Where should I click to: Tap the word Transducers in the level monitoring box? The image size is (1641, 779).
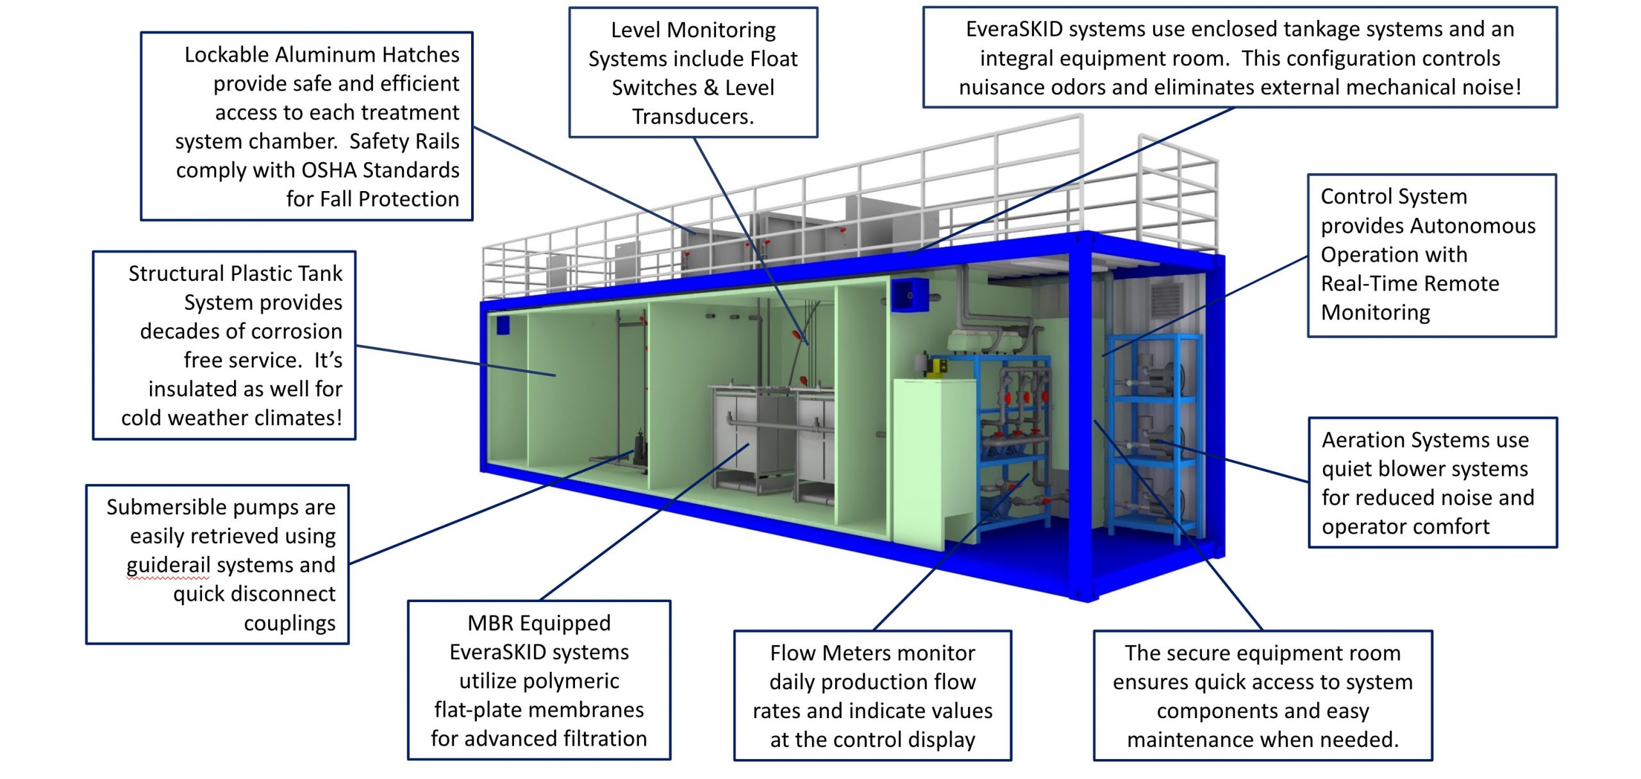(692, 117)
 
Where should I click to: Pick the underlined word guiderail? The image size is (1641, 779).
(168, 565)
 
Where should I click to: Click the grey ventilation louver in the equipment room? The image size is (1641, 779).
(1165, 300)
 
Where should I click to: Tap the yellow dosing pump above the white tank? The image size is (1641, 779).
(939, 366)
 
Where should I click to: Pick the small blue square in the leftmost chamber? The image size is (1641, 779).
(503, 324)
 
